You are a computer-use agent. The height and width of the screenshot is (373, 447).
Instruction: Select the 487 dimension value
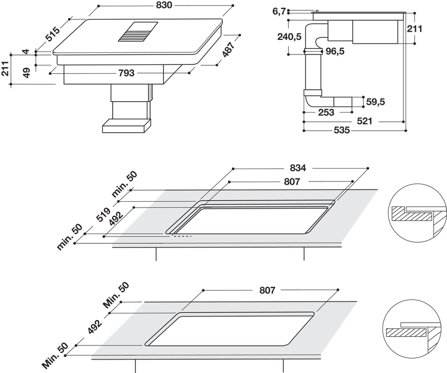pos(227,49)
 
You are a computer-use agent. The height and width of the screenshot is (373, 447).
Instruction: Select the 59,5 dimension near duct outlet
pos(375,102)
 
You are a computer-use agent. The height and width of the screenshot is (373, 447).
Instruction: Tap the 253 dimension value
pos(327,112)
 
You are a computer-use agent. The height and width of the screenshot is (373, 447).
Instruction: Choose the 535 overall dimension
pos(341,131)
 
